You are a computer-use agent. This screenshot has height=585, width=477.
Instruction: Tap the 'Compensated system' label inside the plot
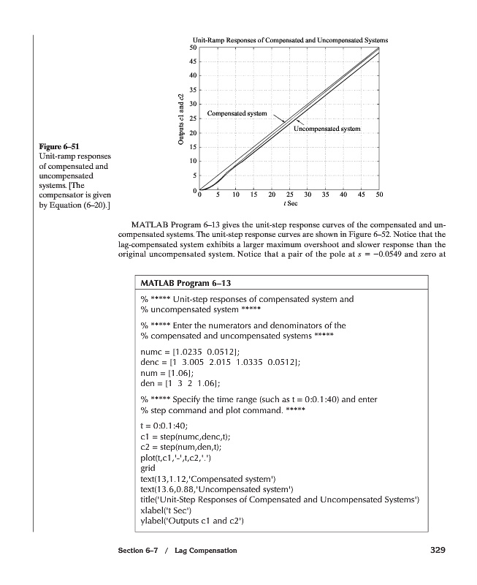237,113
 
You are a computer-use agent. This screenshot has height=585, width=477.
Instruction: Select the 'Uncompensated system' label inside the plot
327,129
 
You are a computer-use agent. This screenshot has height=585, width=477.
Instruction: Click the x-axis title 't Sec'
289,204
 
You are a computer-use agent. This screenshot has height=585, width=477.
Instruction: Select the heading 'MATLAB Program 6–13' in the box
186,282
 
